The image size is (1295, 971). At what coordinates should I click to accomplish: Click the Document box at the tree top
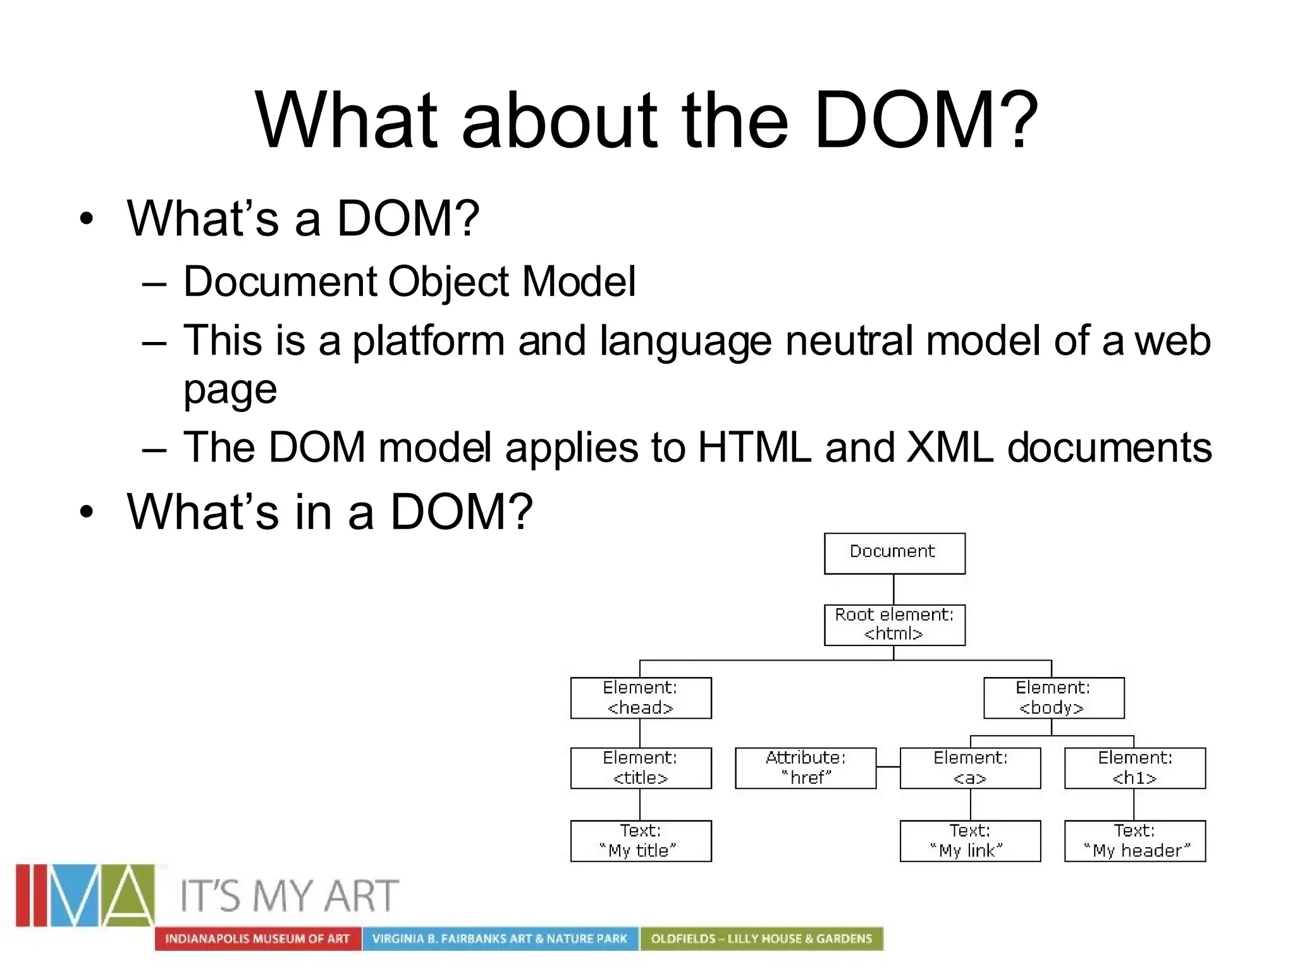894,553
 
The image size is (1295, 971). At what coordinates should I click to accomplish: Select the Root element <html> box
894,625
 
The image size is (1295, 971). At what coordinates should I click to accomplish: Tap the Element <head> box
641,698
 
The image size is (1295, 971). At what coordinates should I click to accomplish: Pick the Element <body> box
1053,698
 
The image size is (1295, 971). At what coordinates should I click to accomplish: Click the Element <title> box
641,768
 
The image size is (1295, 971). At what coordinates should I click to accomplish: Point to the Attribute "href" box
806,768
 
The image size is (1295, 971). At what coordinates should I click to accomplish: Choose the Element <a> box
970,768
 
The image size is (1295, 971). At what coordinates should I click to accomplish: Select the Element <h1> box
1135,768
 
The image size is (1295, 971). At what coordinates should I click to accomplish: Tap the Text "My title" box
641,841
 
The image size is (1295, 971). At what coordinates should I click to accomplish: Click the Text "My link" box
970,841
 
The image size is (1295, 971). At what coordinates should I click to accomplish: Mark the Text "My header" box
1135,841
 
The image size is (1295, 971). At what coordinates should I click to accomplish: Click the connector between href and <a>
888,767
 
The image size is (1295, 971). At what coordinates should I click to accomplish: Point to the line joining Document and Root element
893,589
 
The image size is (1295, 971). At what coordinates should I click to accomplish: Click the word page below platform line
230,391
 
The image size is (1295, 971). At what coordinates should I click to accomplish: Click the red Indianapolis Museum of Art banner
257,939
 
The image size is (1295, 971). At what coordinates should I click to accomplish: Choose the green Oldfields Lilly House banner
761,939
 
